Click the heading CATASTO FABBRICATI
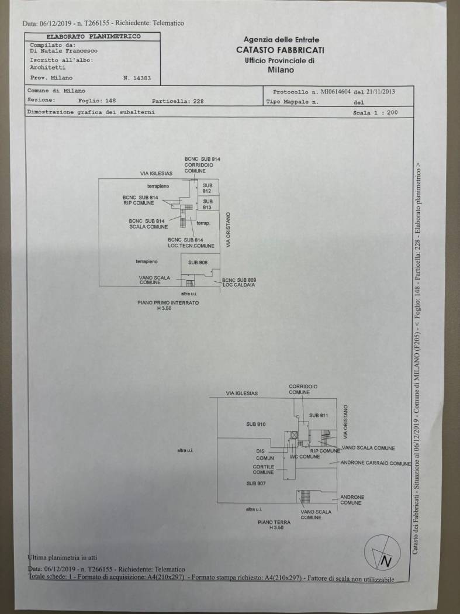(x=280, y=50)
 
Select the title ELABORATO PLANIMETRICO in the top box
(x=94, y=36)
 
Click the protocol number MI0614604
(x=330, y=92)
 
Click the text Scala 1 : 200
(x=375, y=112)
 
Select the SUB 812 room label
(x=207, y=188)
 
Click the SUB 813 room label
(x=207, y=205)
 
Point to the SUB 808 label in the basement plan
(x=198, y=263)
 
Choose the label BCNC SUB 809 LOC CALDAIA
(x=239, y=282)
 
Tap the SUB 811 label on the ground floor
(x=319, y=415)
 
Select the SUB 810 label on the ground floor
(x=256, y=423)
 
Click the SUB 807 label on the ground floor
(x=256, y=484)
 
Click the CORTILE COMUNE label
(x=263, y=470)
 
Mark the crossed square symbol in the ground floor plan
(x=294, y=434)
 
